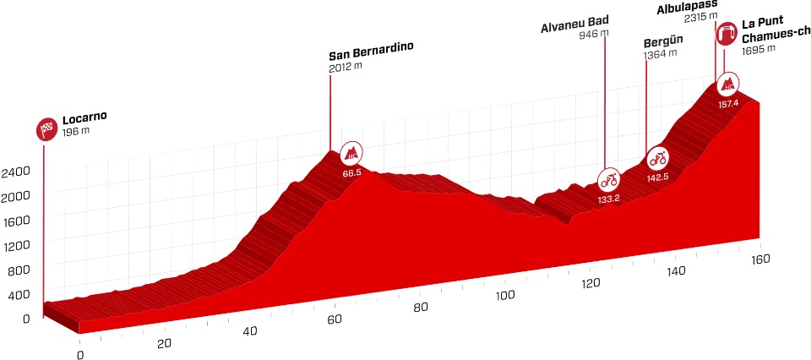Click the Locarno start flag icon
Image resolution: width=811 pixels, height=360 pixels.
point(45,129)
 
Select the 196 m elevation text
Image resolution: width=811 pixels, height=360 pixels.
point(76,133)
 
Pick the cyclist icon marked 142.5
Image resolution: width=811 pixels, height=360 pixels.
point(657,157)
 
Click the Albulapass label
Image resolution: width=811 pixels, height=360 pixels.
point(688,6)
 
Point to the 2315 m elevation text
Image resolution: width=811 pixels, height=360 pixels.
point(701,17)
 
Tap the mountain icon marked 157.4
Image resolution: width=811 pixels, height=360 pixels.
point(727,84)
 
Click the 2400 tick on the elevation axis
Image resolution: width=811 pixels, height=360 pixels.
point(16,172)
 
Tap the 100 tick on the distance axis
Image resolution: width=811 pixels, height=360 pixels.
point(505,295)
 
